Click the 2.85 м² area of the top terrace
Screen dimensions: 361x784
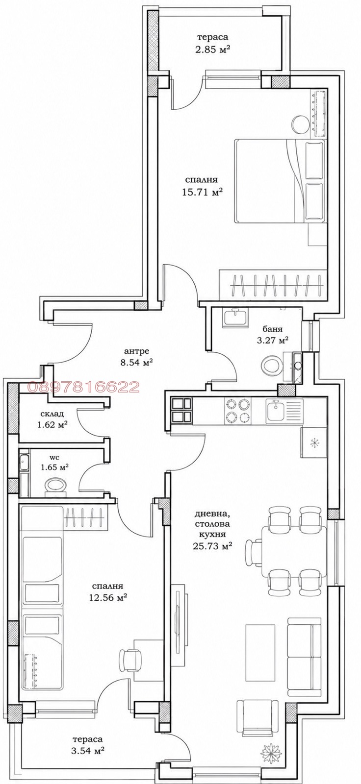(x=213, y=50)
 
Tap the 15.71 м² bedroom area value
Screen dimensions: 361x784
(x=203, y=193)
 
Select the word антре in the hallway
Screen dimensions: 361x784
(x=137, y=351)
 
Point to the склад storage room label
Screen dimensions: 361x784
(x=52, y=414)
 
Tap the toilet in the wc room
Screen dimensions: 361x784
(x=55, y=486)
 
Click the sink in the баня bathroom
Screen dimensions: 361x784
(x=236, y=317)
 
